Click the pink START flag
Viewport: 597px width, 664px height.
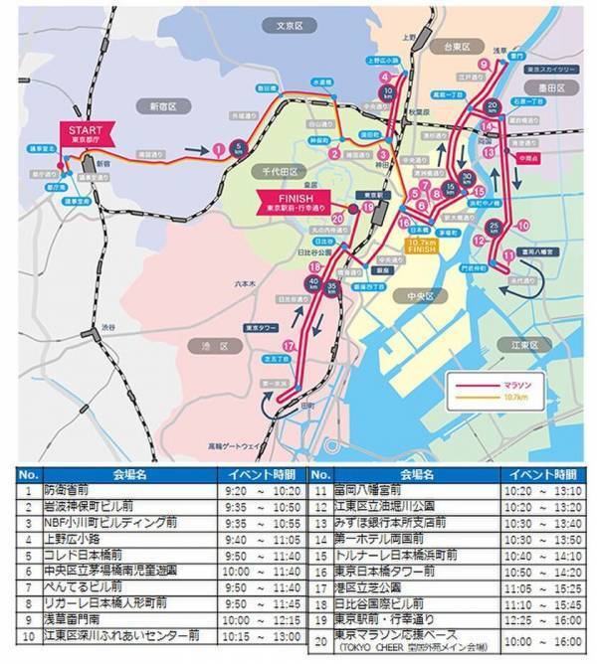[x=87, y=134]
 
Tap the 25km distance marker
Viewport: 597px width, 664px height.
[x=495, y=228]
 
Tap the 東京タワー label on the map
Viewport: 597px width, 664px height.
[x=266, y=325]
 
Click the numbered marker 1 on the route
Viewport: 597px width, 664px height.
[x=216, y=149]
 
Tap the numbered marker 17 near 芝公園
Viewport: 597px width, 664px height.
[x=289, y=345]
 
